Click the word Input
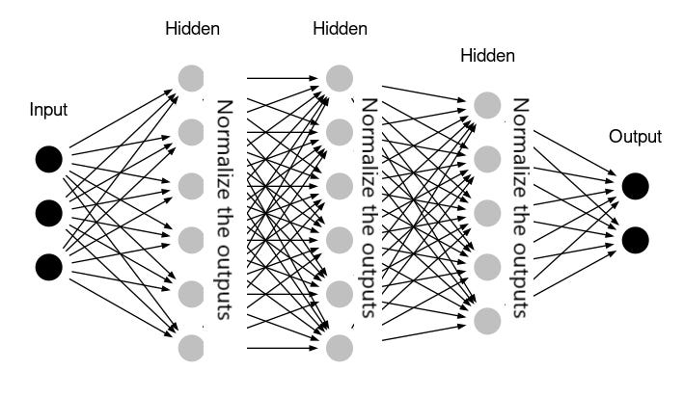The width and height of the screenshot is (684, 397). point(48,110)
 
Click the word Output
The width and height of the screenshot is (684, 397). point(635,137)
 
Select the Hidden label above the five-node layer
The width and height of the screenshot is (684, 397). point(487,56)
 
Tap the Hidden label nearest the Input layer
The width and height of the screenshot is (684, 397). point(192,29)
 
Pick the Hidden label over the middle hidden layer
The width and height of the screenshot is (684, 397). point(340,29)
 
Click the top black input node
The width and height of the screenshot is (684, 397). point(49,159)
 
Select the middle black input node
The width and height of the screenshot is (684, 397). point(49,211)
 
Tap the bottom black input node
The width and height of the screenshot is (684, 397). point(49,264)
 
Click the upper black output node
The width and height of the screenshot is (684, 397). point(635,186)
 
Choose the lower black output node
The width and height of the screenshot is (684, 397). point(635,238)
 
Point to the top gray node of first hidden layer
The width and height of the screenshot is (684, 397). point(191,76)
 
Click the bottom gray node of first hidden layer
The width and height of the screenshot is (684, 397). point(191,346)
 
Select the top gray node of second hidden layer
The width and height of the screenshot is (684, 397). point(339,76)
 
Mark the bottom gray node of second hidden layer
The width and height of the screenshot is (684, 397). point(339,346)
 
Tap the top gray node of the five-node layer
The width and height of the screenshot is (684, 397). point(487,104)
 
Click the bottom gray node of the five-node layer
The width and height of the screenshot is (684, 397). point(487,318)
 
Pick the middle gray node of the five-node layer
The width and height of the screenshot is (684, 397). point(487,211)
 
